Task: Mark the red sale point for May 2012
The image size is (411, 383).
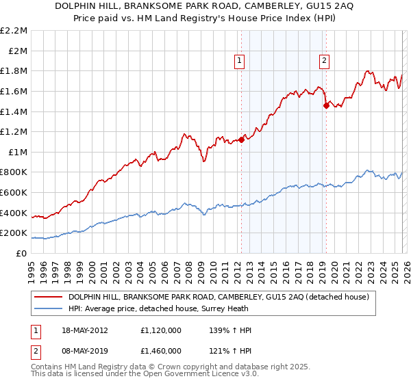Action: click(241, 140)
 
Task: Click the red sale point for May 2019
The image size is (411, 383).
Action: click(326, 105)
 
